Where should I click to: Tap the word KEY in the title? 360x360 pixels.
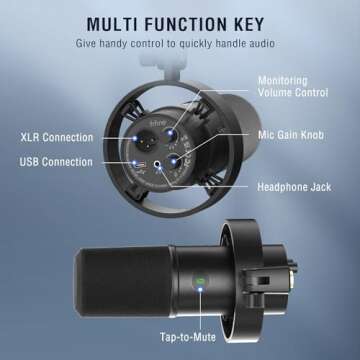[x=247, y=24]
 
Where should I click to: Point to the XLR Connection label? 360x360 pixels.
[x=57, y=137]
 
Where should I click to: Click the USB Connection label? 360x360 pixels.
[x=56, y=162]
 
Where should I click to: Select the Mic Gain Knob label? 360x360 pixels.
[x=291, y=135]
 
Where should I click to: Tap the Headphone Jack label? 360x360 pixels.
[x=294, y=187]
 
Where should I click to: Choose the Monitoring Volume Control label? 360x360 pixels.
[x=293, y=86]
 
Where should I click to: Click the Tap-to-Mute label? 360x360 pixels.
[x=188, y=337]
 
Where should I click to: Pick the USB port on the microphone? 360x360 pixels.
[x=138, y=164]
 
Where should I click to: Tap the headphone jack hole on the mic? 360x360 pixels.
[x=157, y=164]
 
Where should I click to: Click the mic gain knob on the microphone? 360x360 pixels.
[x=175, y=161]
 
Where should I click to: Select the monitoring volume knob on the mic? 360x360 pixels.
[x=173, y=134]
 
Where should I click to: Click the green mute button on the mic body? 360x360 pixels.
[x=200, y=282]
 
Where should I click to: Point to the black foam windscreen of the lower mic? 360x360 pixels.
[x=123, y=282]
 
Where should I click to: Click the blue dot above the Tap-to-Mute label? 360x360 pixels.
[x=200, y=289]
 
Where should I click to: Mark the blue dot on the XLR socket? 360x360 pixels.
[x=135, y=138]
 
